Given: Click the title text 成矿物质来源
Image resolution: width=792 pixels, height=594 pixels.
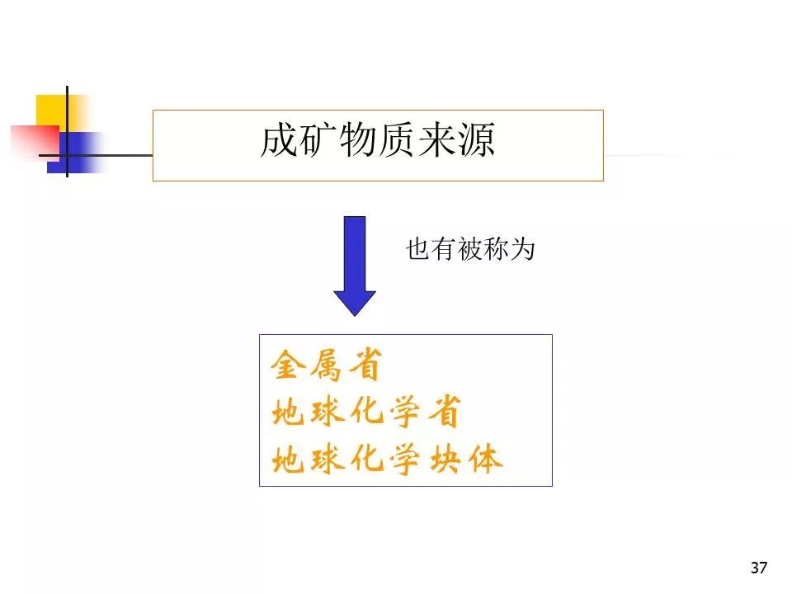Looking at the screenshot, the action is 377,140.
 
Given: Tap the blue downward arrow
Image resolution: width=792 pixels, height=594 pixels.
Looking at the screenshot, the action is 355,266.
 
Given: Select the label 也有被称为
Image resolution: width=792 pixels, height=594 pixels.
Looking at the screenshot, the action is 470,249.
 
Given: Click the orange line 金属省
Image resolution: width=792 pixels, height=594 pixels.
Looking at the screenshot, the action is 327,365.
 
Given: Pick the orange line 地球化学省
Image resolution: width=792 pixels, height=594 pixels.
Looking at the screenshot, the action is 366,411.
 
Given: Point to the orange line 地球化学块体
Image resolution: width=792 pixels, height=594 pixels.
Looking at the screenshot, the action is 387,460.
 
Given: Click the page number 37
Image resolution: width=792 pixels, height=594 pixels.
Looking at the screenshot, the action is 759,568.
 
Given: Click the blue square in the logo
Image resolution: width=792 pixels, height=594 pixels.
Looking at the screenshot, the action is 76,153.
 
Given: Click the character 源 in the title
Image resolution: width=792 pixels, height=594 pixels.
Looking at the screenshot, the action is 476,140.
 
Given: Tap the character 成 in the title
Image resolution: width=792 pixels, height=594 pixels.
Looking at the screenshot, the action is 280,140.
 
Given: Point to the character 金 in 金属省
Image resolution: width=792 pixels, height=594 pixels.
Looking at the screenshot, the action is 288,365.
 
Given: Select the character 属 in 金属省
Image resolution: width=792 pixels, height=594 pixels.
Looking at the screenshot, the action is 327,365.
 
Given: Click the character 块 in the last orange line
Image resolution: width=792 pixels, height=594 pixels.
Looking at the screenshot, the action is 445,460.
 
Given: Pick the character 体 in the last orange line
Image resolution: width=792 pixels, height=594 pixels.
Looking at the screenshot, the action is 485,460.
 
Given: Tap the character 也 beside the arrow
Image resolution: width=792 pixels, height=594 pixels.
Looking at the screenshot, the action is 418,249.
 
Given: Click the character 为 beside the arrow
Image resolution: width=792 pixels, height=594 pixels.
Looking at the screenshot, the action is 523,249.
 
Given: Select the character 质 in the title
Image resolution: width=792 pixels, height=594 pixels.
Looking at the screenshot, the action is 397,140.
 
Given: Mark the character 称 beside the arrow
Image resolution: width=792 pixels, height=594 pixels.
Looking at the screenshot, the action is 497,249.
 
